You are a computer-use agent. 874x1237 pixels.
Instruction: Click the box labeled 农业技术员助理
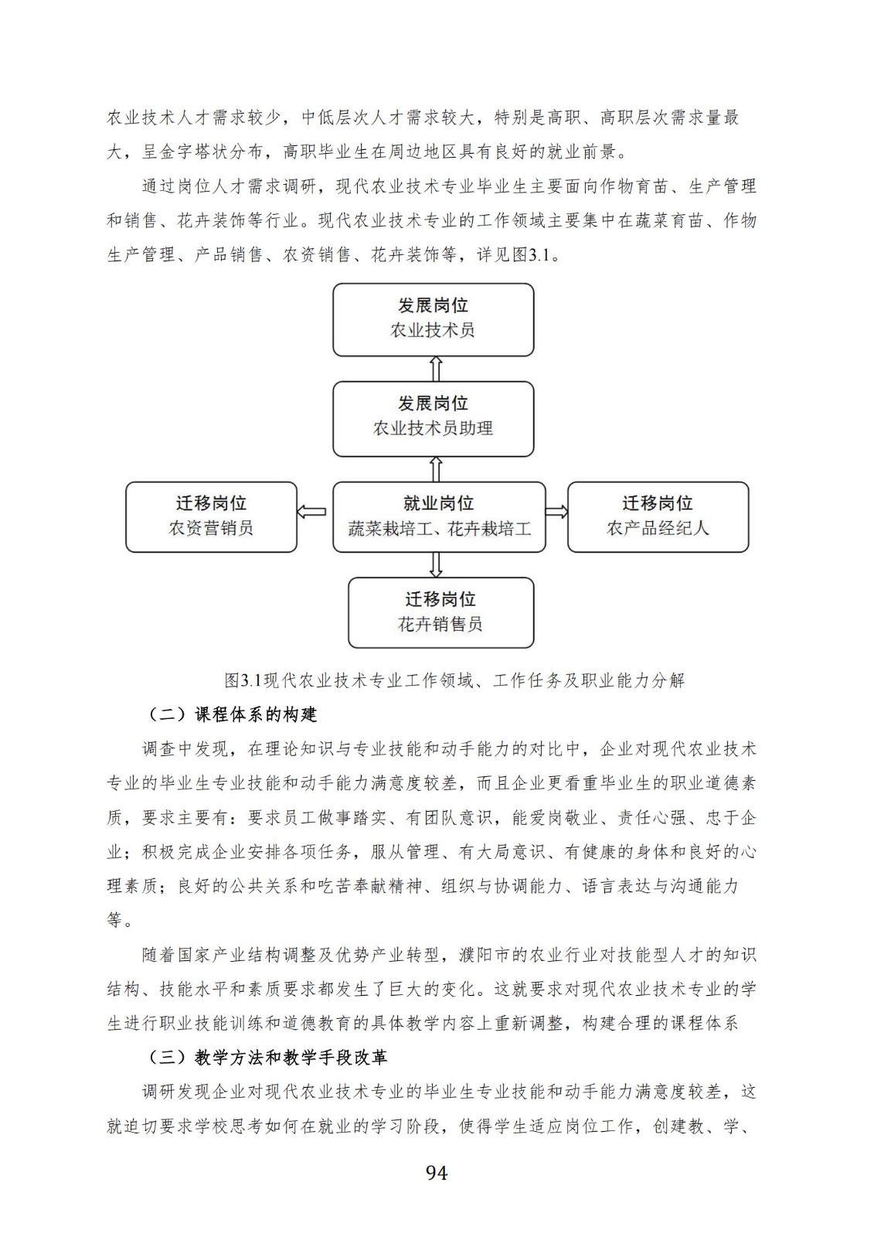[x=433, y=418]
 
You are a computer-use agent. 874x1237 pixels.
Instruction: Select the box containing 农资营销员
[x=211, y=516]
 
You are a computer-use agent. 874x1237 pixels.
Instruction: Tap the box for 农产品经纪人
[x=658, y=516]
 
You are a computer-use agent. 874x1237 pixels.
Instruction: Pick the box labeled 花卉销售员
[x=440, y=612]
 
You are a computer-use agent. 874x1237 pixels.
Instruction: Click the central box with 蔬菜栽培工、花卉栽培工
[x=439, y=516]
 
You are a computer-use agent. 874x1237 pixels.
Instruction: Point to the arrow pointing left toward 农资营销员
[x=311, y=511]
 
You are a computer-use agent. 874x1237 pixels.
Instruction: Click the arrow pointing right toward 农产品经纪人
[x=556, y=511]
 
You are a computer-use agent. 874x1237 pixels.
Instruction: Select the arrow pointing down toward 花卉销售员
[x=436, y=564]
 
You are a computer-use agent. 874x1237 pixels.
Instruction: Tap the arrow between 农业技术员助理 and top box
[x=436, y=369]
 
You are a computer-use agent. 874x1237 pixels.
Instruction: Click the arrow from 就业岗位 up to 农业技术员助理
[x=436, y=469]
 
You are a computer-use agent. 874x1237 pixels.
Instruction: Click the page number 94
[x=437, y=1173]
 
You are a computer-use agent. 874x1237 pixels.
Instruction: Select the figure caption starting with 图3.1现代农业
[x=454, y=680]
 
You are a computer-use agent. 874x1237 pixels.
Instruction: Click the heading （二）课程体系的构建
[x=232, y=714]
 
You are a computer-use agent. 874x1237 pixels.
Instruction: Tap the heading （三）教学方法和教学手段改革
[x=267, y=1057]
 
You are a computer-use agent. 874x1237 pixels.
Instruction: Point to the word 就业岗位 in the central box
[x=439, y=504]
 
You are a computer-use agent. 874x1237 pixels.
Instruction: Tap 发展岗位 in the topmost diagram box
[x=433, y=305]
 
